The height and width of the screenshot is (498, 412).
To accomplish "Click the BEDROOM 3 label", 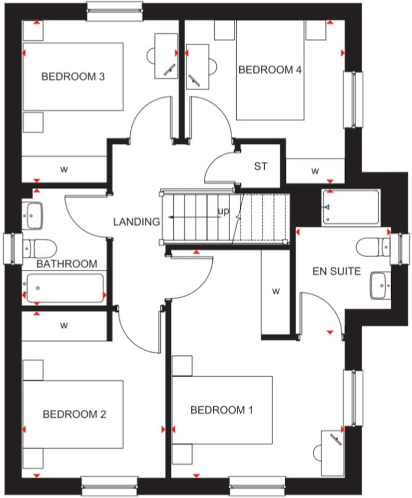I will pos(73,77).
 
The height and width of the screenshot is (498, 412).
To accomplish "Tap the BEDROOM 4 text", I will pos(270,70).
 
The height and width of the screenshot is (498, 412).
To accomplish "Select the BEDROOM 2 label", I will pos(74,414).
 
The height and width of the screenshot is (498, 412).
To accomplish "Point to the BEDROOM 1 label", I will pos(222,410).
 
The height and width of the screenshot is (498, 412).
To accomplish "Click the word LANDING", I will pos(136,222).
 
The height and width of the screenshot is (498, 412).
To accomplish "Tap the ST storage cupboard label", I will pos(260,167).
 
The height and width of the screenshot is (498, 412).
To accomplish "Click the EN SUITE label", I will pos(336,271).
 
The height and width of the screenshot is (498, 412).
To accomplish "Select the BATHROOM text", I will pos(67,264).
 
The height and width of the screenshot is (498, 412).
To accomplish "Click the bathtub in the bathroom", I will pos(64,288).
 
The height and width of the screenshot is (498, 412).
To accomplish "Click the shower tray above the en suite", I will pos(350,207).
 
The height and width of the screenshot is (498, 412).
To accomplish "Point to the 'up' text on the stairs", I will pos(223,211).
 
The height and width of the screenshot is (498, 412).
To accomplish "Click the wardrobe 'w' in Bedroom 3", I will pos(64,169).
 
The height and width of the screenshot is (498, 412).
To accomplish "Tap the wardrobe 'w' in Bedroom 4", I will pos(314,171).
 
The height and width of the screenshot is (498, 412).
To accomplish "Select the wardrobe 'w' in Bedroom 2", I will pos(64,326).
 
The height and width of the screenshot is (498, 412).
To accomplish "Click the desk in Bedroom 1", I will pos(332,451).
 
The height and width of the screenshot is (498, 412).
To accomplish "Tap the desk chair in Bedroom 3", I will pos(152,54).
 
